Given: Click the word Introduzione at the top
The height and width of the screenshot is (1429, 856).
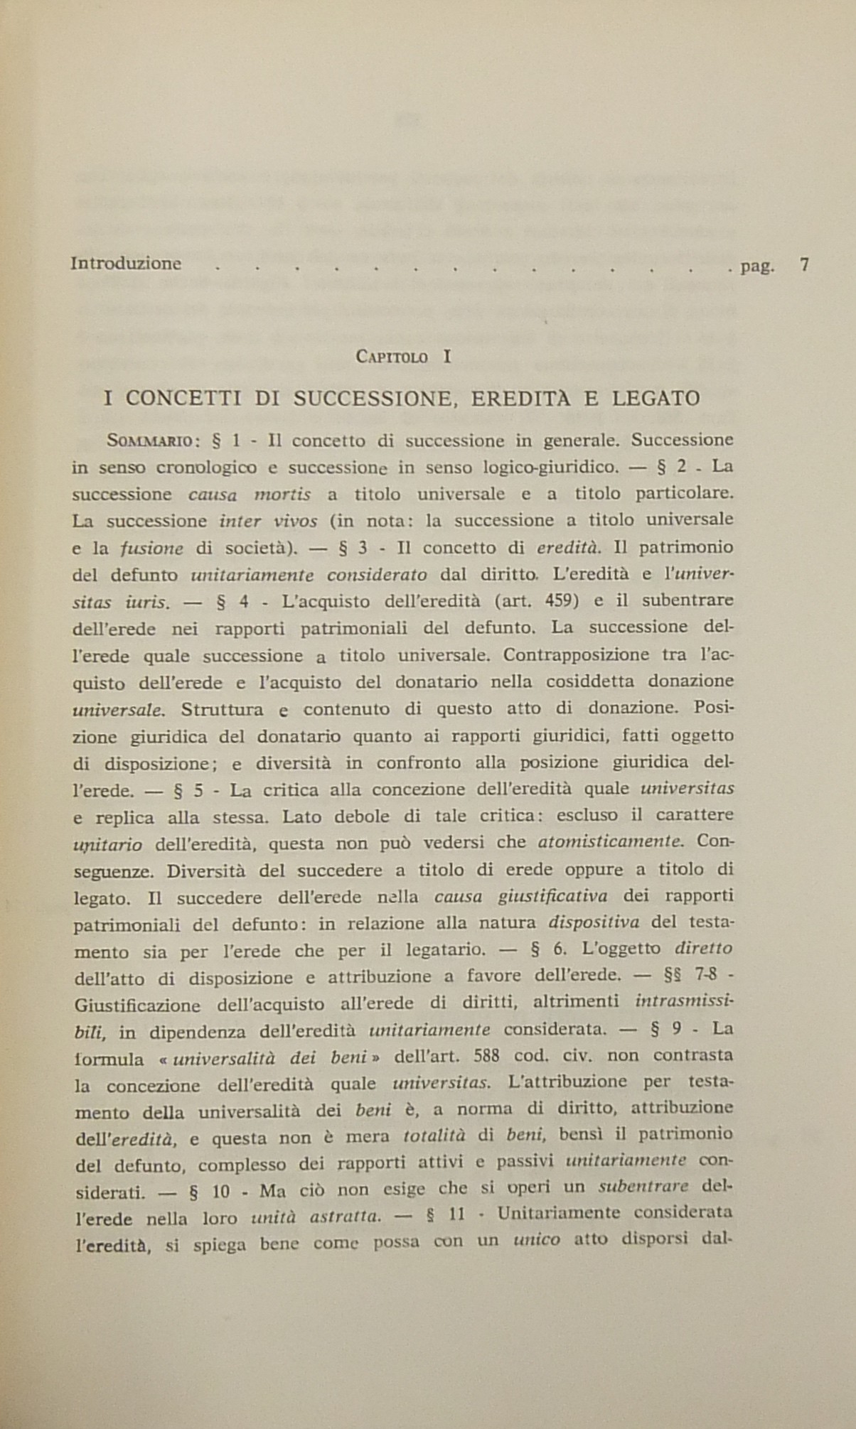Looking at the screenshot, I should pyautogui.click(x=126, y=264).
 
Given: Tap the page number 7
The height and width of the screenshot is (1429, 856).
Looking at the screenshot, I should pyautogui.click(x=804, y=265).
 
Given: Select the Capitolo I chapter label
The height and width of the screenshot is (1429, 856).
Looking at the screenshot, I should pyautogui.click(x=402, y=357).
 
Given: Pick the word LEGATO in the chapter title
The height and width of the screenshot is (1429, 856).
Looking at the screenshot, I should pyautogui.click(x=656, y=399).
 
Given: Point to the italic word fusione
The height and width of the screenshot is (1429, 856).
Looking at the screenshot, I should pyautogui.click(x=151, y=549).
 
